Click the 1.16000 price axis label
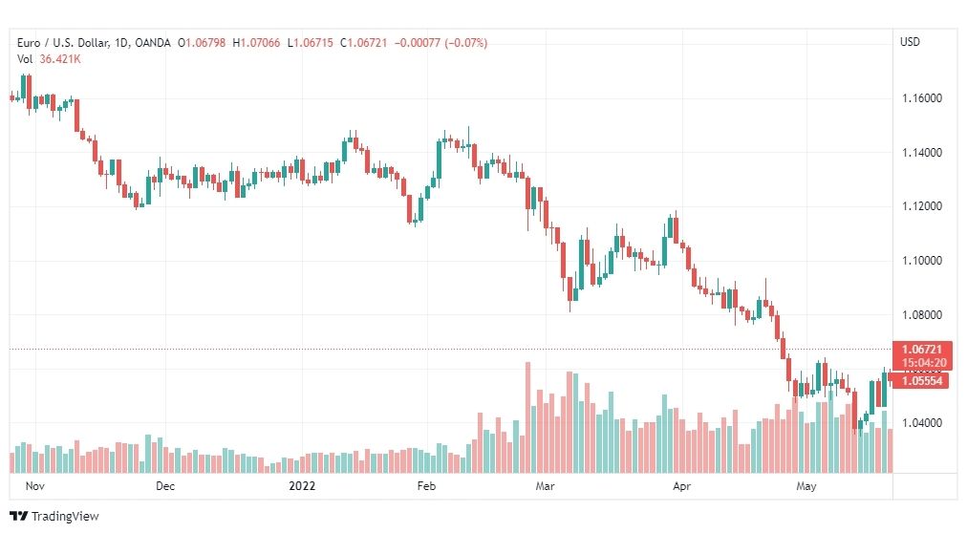[922, 98]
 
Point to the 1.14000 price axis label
[922, 152]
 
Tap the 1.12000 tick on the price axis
[922, 205]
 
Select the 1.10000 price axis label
[922, 260]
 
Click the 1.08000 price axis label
[922, 314]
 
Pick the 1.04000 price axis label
[922, 423]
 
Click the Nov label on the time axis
[35, 486]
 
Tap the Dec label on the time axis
[165, 486]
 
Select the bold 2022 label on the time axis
[302, 486]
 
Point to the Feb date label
[426, 486]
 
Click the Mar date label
[546, 486]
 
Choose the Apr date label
[681, 486]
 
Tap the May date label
[806, 486]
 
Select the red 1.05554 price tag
[922, 381]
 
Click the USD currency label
[910, 42]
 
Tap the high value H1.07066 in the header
[256, 43]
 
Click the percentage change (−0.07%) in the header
[465, 43]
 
